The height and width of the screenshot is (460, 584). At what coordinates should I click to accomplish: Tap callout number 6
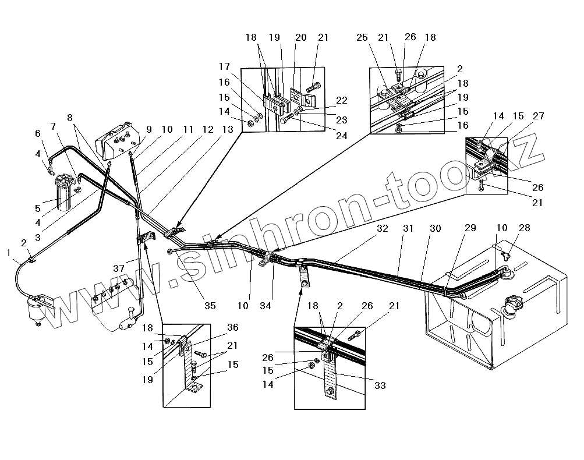coord(38,133)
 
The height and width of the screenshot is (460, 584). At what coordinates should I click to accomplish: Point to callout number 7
coord(54,126)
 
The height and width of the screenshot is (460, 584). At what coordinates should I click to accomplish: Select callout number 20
coord(300,38)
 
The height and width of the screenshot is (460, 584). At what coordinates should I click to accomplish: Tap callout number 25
coord(362,38)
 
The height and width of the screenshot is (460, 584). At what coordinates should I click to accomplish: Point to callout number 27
coord(538,116)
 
